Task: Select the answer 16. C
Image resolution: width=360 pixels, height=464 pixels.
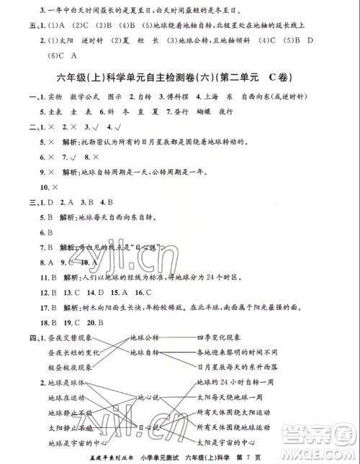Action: coord(142,292)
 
